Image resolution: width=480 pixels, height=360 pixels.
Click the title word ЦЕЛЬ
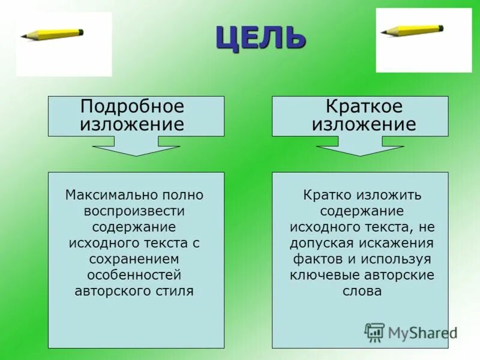261,38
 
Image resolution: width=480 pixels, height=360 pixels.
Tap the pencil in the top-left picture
52,34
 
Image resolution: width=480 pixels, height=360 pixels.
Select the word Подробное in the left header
132,107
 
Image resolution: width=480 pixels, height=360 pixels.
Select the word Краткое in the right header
364,107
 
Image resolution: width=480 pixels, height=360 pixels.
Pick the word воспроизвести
134,211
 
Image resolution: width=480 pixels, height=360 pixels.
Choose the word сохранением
134,259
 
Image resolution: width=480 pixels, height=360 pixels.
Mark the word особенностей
134,275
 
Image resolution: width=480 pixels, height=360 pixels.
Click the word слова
362,290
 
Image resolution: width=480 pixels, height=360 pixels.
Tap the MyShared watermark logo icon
374,332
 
